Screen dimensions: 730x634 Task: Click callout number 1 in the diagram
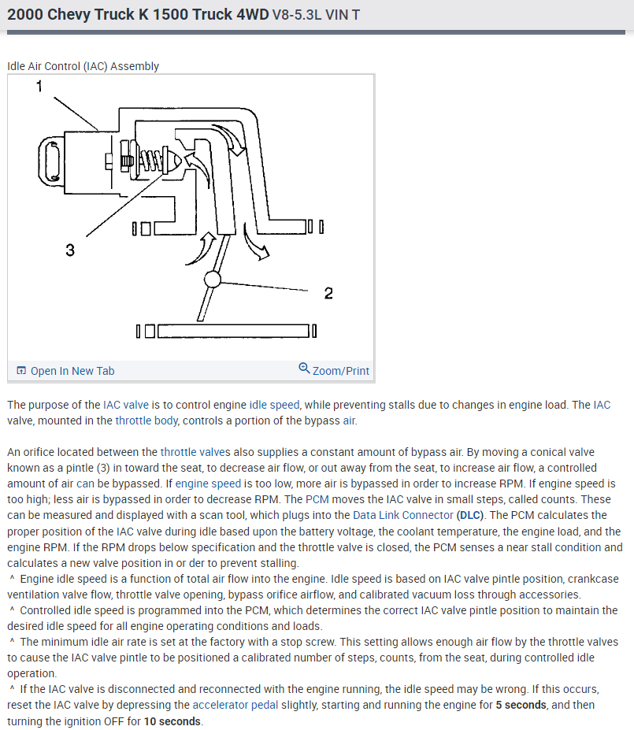(39, 86)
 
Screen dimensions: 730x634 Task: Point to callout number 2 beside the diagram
(328, 293)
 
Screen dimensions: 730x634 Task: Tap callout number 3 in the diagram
(70, 250)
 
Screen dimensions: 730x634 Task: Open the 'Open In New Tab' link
(72, 371)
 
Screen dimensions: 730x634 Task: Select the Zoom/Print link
(340, 371)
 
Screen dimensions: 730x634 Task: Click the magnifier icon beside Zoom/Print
(304, 369)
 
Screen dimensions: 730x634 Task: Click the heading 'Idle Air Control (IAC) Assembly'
(83, 66)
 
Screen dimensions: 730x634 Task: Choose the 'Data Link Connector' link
(402, 515)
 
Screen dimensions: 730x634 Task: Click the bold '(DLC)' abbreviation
(471, 515)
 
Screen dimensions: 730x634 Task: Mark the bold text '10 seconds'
(171, 721)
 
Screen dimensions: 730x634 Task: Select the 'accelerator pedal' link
(235, 705)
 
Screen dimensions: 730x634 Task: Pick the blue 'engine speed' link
(207, 484)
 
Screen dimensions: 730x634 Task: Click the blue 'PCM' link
(317, 499)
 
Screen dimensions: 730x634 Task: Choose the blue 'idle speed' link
(274, 405)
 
